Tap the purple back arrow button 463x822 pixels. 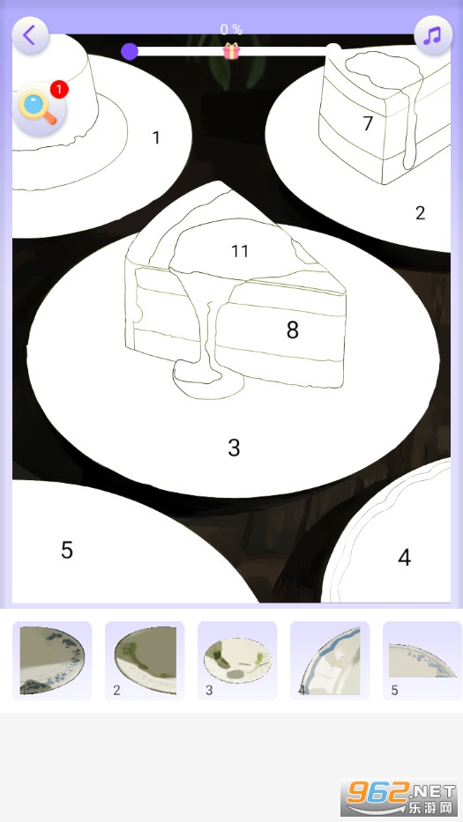pyautogui.click(x=30, y=35)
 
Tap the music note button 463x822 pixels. pyautogui.click(x=433, y=35)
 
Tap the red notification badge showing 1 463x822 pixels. pyautogui.click(x=59, y=90)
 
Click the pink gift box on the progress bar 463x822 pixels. pyautogui.click(x=231, y=51)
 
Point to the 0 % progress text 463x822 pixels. pyautogui.click(x=231, y=29)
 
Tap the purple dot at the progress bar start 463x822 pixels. pyautogui.click(x=129, y=51)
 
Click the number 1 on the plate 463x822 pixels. pyautogui.click(x=156, y=137)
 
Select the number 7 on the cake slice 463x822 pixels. pyautogui.click(x=368, y=123)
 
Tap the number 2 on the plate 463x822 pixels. pyautogui.click(x=420, y=213)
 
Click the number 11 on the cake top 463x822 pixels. pyautogui.click(x=240, y=251)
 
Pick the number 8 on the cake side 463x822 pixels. pyautogui.click(x=293, y=330)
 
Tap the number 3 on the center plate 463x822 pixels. pyautogui.click(x=234, y=448)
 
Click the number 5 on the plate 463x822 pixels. pyautogui.click(x=67, y=550)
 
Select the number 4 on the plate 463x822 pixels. pyautogui.click(x=404, y=558)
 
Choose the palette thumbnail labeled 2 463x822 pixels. pyautogui.click(x=145, y=661)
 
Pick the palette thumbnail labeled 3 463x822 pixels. pyautogui.click(x=237, y=661)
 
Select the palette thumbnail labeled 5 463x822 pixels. pyautogui.click(x=422, y=661)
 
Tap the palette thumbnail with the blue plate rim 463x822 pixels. pyautogui.click(x=330, y=661)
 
